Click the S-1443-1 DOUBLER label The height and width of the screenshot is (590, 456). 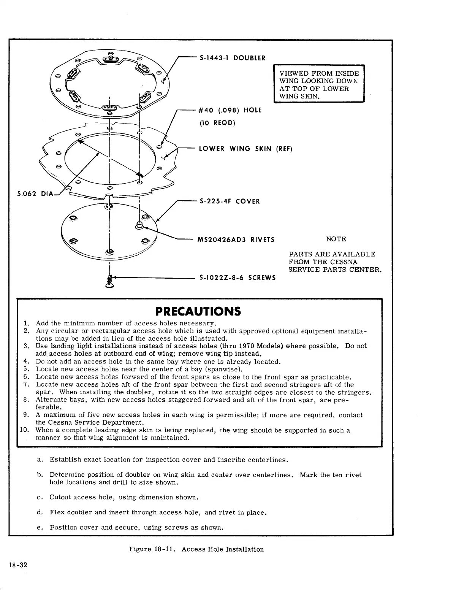pos(232,58)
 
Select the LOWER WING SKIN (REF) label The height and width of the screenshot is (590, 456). pos(245,149)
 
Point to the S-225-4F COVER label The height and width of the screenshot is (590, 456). pos(230,201)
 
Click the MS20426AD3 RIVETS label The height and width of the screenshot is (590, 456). pos(236,240)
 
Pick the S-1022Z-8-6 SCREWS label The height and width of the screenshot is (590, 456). pos(237,278)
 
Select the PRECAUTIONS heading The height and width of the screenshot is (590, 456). pos(198,312)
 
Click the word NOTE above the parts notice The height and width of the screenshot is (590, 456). pos(336,239)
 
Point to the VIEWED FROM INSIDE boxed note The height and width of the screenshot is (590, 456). pos(319,85)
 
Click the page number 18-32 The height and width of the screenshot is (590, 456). pos(18,565)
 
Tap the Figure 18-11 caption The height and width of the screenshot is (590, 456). pos(196,549)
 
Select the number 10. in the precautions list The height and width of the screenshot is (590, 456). pos(24,430)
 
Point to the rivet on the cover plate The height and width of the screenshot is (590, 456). pos(139,227)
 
